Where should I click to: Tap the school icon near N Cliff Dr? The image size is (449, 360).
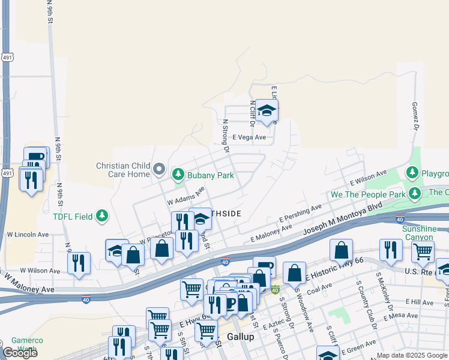point(267,111)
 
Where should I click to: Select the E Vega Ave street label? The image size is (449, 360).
point(249,137)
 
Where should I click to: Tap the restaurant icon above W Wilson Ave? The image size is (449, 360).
point(79,263)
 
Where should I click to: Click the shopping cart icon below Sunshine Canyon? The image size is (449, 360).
point(423,252)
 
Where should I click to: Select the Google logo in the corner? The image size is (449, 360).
point(19,352)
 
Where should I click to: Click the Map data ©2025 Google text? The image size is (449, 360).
point(411,355)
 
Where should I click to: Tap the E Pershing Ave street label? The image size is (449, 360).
point(300,215)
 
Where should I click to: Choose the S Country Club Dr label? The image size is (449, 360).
point(364,300)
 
